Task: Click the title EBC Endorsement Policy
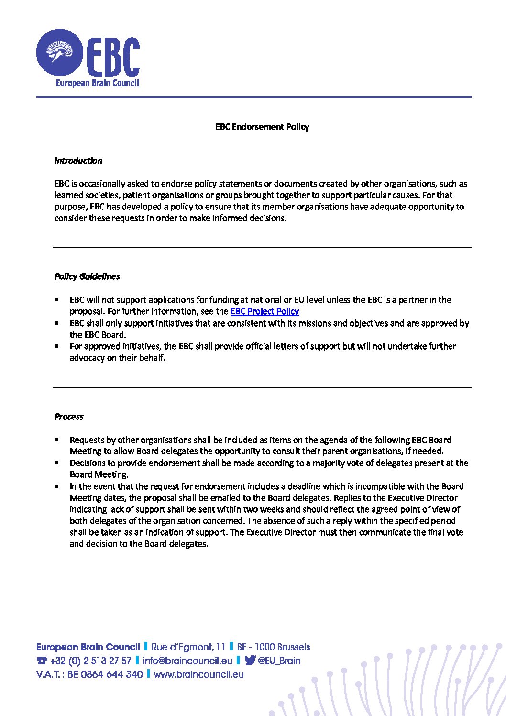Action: (262, 127)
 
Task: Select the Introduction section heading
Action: (78, 161)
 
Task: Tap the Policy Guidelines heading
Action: (87, 276)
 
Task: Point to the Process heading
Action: (69, 417)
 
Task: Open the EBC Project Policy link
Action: (264, 311)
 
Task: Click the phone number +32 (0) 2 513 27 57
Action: (90, 661)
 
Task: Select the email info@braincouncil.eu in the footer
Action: (187, 661)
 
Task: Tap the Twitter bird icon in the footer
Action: (250, 661)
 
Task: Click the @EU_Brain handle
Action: (279, 661)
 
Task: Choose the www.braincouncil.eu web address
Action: (198, 674)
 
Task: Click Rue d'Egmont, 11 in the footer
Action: (188, 647)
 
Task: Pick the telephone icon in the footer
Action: (42, 661)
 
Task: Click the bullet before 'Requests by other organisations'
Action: (57, 440)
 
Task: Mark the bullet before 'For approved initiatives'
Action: (57, 346)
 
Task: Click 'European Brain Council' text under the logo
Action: (98, 83)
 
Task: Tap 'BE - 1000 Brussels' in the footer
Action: (273, 647)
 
